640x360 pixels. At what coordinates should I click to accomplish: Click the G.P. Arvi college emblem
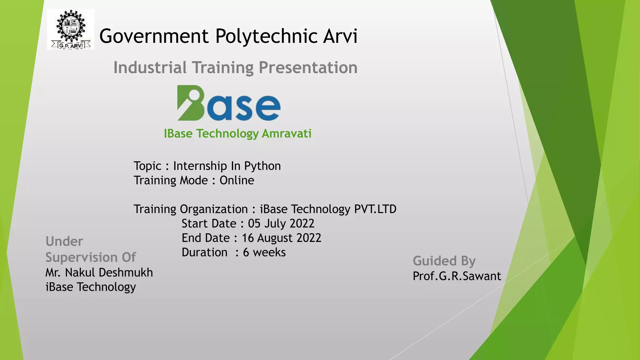tap(71, 29)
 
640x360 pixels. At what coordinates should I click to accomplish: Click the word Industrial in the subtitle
tap(150, 67)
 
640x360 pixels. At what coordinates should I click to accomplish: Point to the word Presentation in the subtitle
tap(308, 67)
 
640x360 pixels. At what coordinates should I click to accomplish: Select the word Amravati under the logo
tap(287, 134)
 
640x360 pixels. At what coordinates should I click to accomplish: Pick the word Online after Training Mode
tap(237, 180)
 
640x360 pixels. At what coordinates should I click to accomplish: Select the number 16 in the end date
tap(248, 238)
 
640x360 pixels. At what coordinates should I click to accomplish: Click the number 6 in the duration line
tap(246, 252)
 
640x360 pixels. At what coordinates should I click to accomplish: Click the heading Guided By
tap(444, 261)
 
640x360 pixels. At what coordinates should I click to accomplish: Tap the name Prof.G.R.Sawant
tap(457, 276)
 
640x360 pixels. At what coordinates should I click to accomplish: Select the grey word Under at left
tap(64, 242)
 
